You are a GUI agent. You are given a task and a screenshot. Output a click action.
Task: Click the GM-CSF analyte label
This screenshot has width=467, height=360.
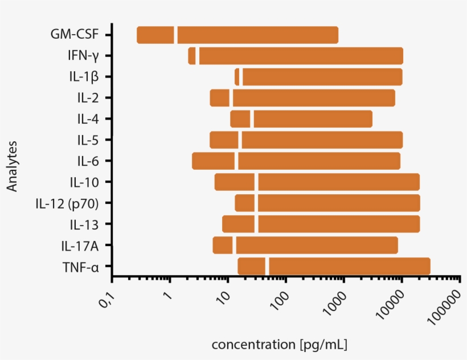75,34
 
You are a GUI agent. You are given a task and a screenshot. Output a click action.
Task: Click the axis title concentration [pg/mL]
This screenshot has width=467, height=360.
279,345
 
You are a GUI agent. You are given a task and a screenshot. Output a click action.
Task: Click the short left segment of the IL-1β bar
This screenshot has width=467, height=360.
237,76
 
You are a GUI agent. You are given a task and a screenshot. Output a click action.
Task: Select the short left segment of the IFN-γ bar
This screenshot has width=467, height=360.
192,56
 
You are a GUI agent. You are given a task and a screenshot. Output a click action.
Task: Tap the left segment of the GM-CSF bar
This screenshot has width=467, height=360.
155,35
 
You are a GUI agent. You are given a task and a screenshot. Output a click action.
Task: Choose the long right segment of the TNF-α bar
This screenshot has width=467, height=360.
349,267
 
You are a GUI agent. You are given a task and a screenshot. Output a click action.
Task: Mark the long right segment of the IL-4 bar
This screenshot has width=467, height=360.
313,119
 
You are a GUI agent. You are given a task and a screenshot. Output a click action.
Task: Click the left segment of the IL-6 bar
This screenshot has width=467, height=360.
213,161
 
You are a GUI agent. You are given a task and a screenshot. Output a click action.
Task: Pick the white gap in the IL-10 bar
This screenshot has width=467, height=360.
256,182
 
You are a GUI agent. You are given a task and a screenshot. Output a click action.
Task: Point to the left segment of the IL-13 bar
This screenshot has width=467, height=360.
238,224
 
